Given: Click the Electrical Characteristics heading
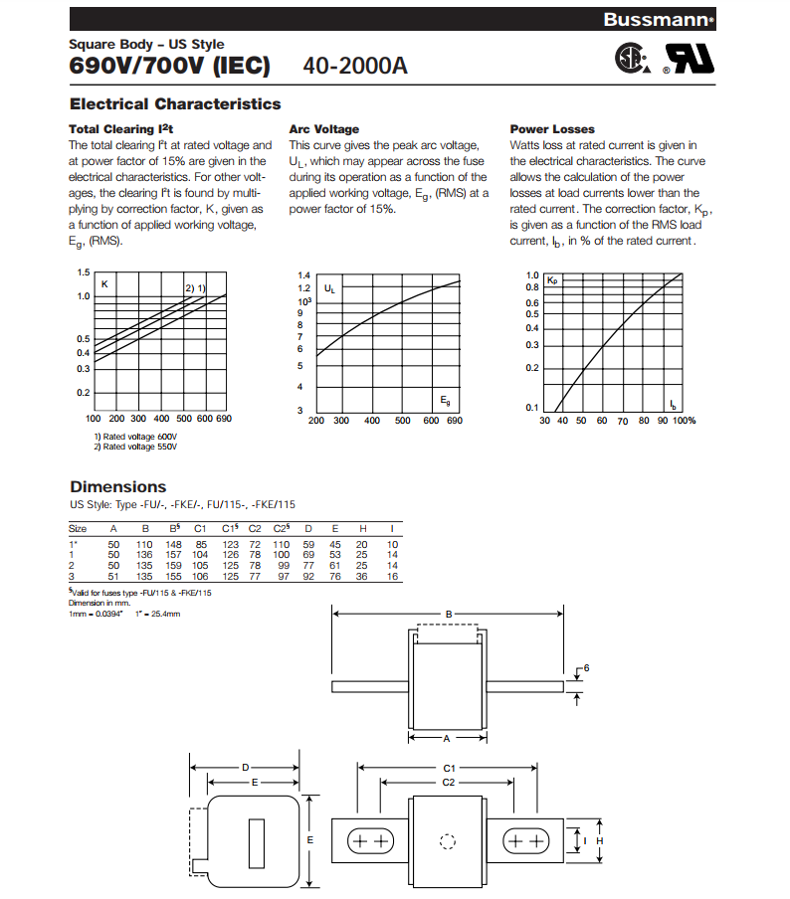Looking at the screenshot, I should [x=175, y=103].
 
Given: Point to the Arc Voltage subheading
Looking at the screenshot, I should [x=323, y=129].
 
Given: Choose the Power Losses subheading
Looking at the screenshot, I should [x=552, y=129].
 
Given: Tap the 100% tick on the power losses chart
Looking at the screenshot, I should [x=685, y=421].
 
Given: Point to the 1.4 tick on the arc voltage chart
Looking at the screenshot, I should [x=303, y=274].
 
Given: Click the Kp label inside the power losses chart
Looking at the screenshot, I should [x=553, y=281].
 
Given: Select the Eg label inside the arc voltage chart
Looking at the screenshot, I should [x=445, y=399].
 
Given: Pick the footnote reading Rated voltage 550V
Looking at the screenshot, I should [x=135, y=448].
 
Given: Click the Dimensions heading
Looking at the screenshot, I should [x=117, y=486].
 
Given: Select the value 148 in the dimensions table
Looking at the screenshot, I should [x=174, y=544].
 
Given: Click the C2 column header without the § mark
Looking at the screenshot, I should [x=255, y=528].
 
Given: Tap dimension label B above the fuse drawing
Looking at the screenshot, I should [x=449, y=615].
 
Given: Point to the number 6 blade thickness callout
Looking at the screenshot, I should [x=587, y=667].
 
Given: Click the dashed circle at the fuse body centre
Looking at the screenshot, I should [x=447, y=841].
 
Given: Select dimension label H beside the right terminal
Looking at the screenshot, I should [x=614, y=840].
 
